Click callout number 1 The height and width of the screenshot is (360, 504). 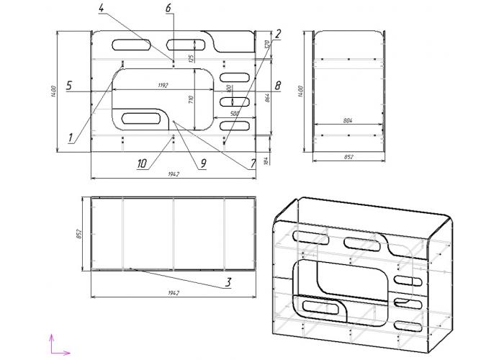pos(71,136)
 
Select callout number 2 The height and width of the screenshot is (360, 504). pos(278,33)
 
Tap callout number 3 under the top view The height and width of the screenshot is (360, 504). pos(228,282)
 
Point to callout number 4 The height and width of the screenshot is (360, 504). pos(102,8)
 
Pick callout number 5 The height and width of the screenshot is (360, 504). pos(68,86)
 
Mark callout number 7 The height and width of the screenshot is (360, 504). pos(253,163)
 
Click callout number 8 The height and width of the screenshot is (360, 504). pos(277,86)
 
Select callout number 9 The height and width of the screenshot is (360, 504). pos(203,163)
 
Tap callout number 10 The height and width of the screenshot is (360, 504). pos(143,163)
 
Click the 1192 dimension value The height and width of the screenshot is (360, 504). pos(163,86)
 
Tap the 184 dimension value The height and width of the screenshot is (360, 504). pos(266,161)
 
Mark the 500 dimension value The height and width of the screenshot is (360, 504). pos(235,114)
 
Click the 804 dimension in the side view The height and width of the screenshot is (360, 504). pos(348,120)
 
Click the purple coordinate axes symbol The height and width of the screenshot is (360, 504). pos(57,344)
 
